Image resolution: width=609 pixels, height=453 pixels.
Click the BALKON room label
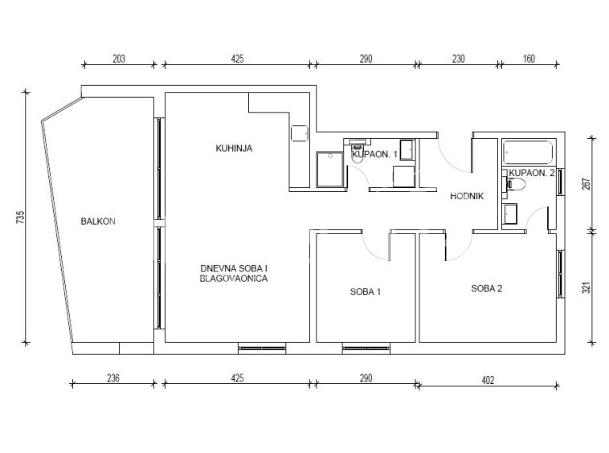click(x=98, y=221)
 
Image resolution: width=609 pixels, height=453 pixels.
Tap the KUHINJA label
click(x=234, y=148)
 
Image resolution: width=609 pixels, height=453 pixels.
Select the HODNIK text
click(x=467, y=196)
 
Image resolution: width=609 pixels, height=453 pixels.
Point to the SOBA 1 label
click(x=365, y=292)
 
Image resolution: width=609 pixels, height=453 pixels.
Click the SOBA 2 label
click(x=487, y=288)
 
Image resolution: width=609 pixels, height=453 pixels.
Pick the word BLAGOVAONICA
click(x=234, y=279)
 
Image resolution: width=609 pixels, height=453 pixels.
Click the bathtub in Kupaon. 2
click(x=528, y=153)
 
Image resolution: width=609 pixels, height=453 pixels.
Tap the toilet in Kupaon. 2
click(x=515, y=184)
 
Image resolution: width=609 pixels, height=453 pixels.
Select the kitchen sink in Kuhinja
click(x=300, y=133)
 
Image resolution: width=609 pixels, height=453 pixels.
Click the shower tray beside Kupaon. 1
click(x=329, y=169)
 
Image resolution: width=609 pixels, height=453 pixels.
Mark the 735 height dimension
click(x=21, y=218)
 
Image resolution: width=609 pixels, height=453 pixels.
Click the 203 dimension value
click(x=119, y=59)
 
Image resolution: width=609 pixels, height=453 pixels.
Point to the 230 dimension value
click(x=458, y=59)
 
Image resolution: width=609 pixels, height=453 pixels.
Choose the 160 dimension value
click(x=529, y=59)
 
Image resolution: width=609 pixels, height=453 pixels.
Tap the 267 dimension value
click(x=587, y=184)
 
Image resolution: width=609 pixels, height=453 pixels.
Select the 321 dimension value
click(x=587, y=288)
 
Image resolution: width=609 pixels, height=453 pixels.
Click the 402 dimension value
click(x=488, y=380)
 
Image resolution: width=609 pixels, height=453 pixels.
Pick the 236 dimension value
click(x=113, y=378)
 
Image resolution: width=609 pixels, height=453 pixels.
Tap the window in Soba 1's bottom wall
click(x=366, y=349)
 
